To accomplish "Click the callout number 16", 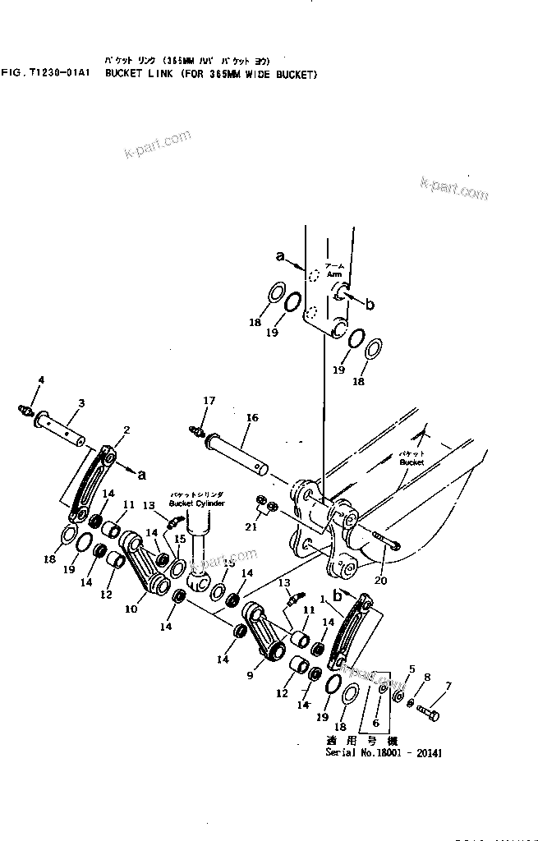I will (251, 418).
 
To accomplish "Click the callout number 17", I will (209, 401).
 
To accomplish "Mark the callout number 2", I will (126, 430).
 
